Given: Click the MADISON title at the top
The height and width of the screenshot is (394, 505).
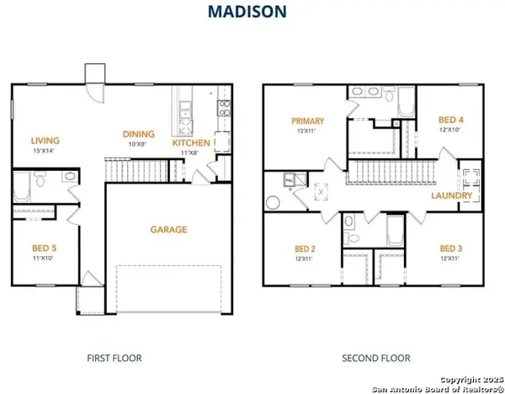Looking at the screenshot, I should click(252, 12).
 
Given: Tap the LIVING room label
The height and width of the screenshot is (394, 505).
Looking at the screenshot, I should click(45, 141).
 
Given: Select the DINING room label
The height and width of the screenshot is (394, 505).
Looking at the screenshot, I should click(139, 134).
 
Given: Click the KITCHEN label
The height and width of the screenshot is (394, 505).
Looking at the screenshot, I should click(191, 143).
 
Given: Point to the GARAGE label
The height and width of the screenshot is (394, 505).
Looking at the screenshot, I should click(168, 229).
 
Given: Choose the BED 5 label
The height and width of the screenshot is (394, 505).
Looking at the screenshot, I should click(45, 248).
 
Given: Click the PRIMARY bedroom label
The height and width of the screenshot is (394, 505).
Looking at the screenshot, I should click(308, 121).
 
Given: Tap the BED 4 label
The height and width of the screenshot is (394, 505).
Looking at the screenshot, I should click(452, 120).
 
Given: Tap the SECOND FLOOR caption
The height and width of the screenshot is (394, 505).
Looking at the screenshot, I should click(375, 358).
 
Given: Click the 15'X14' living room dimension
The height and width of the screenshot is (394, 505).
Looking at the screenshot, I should click(45, 151).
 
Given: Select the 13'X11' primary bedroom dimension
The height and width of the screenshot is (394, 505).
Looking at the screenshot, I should click(308, 131).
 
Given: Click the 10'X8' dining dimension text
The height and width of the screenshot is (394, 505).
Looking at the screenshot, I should click(139, 144).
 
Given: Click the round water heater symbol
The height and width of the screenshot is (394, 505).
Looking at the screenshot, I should click(273, 202).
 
